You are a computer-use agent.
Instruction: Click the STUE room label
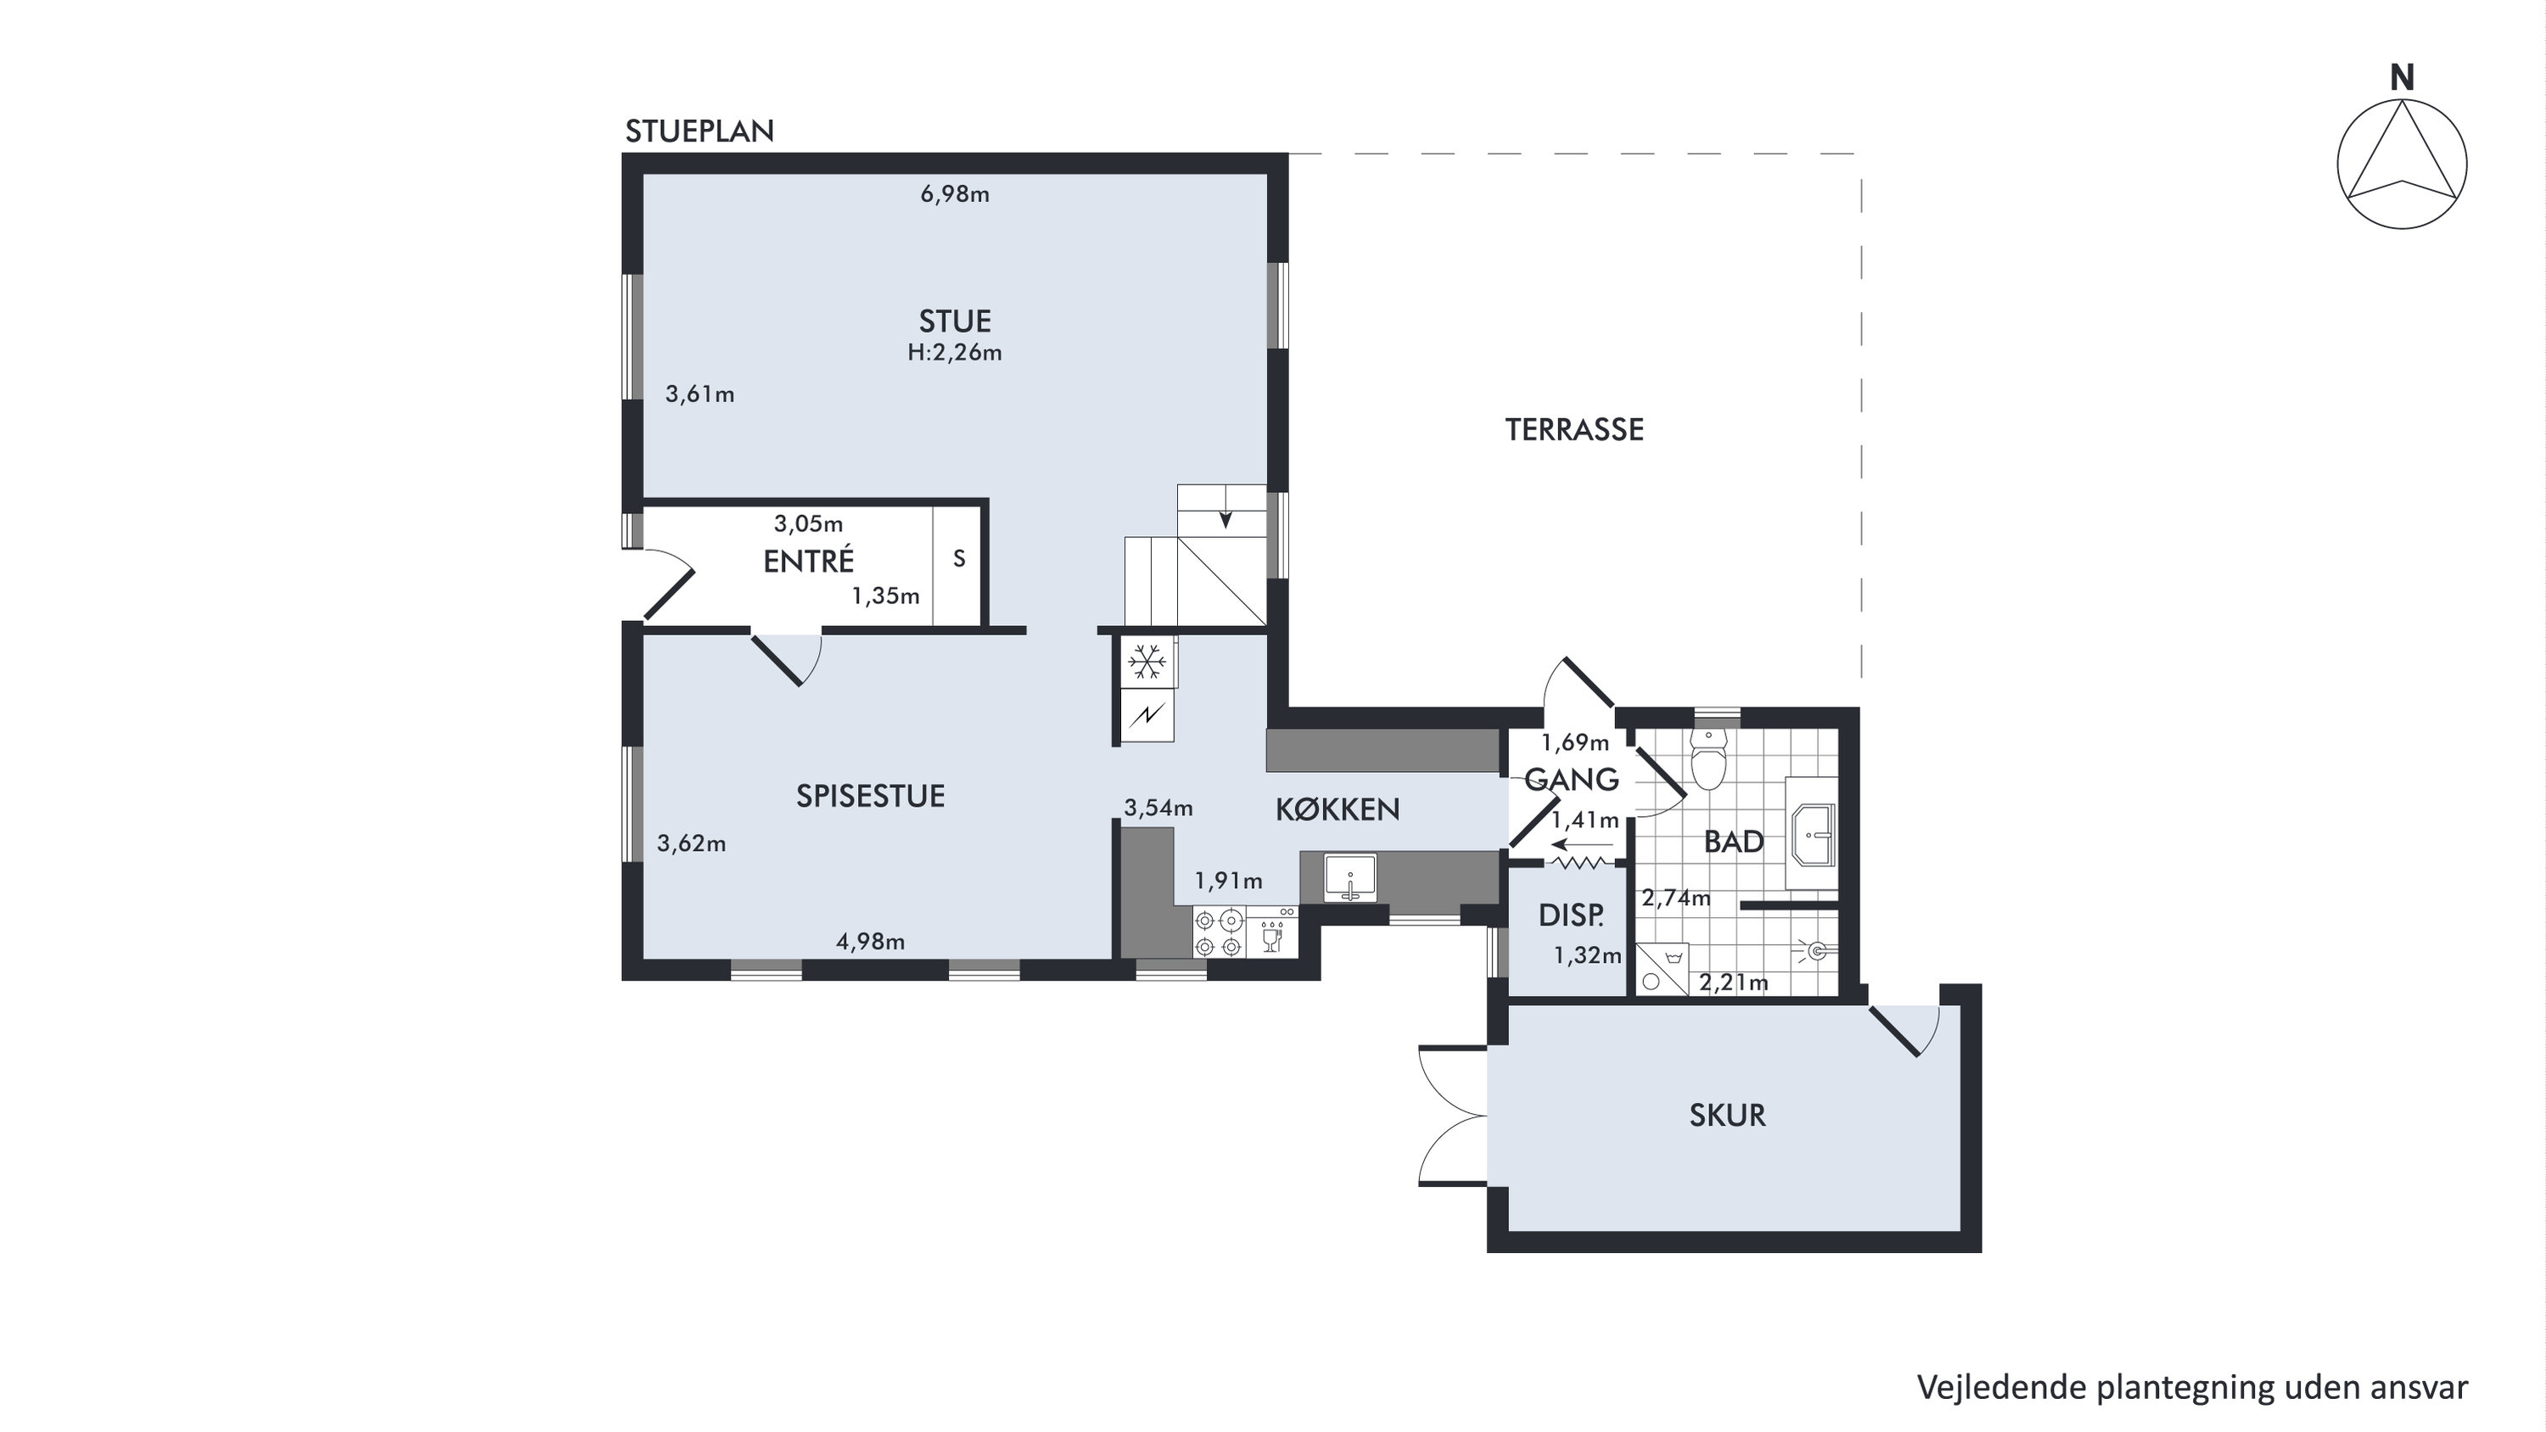click(955, 322)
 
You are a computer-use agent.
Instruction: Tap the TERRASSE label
click(1574, 430)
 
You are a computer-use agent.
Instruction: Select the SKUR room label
click(1727, 1115)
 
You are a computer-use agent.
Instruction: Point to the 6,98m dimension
click(955, 194)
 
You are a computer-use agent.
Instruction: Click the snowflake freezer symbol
click(1147, 661)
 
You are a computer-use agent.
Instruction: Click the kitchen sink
click(1350, 877)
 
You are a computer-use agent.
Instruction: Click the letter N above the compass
click(2402, 78)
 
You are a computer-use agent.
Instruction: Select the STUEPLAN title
click(700, 131)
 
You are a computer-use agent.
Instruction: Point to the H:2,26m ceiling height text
click(955, 353)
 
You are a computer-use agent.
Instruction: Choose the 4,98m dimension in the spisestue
click(871, 942)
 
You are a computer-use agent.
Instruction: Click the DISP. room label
click(1572, 916)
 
